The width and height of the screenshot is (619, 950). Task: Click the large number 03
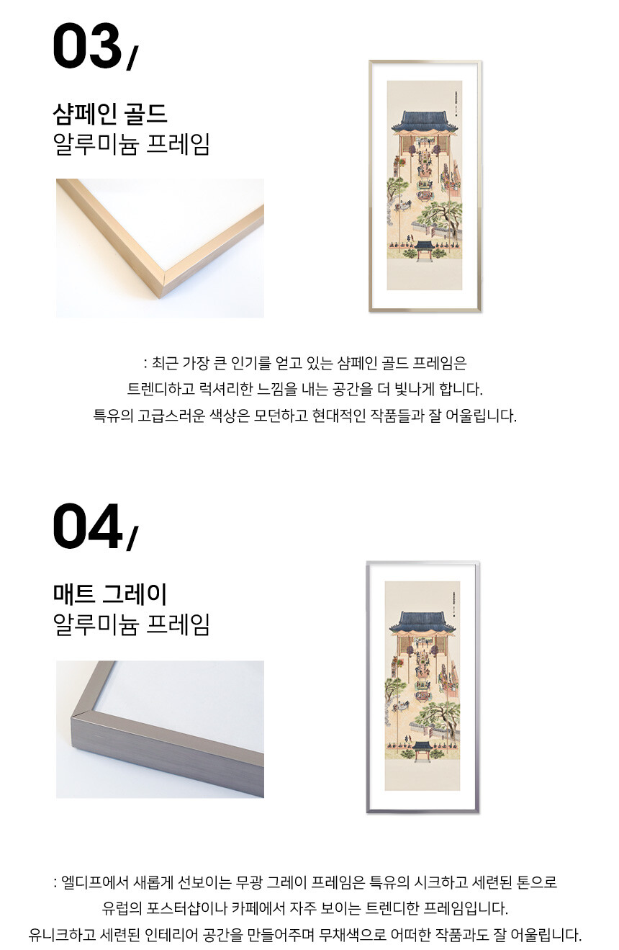point(87,46)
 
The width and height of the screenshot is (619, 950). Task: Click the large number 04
point(87,526)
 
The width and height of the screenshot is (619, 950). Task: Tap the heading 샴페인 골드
point(109,114)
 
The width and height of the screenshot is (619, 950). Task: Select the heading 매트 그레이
point(109,593)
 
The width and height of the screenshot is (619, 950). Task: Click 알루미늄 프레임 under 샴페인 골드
point(131,144)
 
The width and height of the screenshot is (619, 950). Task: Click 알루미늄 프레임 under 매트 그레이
point(131,624)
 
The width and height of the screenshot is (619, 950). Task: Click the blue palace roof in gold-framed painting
point(425,122)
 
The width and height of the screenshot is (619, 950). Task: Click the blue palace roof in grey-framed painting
point(423,622)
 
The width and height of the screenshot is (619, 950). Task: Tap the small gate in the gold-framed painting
point(424,250)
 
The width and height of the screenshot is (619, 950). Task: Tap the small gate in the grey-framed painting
point(423,750)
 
